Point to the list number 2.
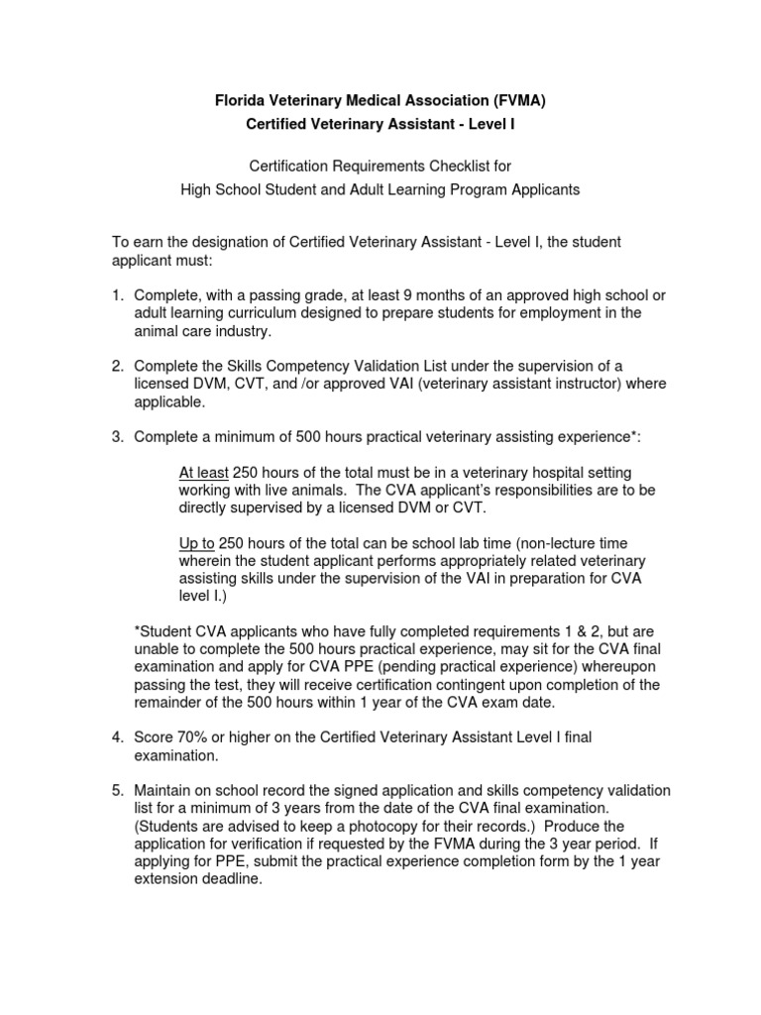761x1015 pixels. point(115,367)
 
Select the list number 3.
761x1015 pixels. point(115,437)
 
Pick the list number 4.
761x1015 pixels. point(115,737)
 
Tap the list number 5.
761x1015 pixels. point(115,790)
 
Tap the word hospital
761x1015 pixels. point(548,473)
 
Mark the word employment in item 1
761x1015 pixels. point(566,313)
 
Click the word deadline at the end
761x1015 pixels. point(234,879)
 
